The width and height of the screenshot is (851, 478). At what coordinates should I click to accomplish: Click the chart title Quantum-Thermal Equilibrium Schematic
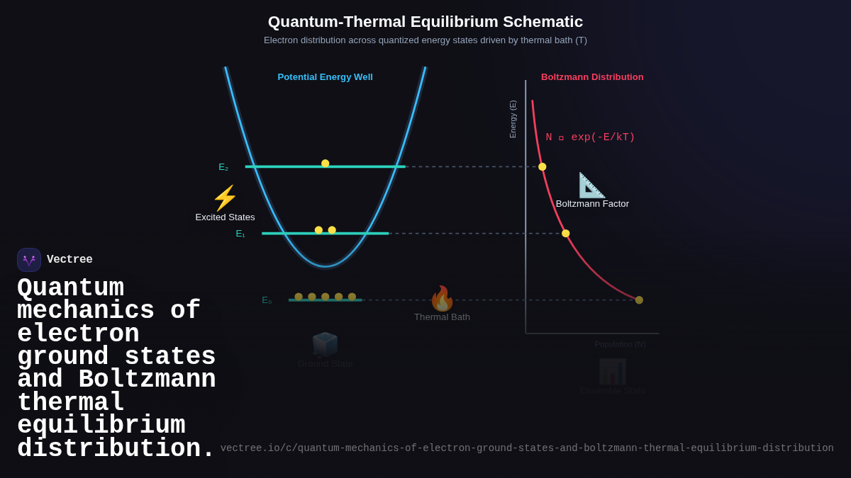click(x=425, y=22)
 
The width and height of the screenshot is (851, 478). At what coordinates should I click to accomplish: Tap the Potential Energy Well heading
click(x=325, y=76)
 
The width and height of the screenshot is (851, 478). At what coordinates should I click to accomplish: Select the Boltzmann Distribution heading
click(x=592, y=76)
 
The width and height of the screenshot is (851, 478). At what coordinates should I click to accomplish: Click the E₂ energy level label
click(x=223, y=167)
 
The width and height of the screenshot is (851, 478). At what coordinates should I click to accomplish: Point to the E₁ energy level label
click(x=240, y=234)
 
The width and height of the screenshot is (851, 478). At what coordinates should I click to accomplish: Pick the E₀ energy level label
click(x=267, y=300)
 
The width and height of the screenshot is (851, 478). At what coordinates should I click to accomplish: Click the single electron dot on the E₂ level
click(x=326, y=164)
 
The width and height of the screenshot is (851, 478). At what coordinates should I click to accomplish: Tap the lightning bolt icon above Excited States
click(x=225, y=198)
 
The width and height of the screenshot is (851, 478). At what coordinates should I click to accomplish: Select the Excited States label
click(x=225, y=217)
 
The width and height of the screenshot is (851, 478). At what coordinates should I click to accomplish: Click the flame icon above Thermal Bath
click(x=442, y=299)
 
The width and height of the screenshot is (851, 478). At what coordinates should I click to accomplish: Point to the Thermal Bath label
click(x=442, y=317)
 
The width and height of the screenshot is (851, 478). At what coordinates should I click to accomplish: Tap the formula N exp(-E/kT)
click(x=590, y=137)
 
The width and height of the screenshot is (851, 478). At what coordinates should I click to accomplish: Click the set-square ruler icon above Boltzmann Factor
click(x=591, y=186)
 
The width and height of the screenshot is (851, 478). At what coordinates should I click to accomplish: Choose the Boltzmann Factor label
click(x=592, y=204)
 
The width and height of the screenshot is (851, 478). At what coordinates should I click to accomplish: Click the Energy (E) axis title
click(x=513, y=119)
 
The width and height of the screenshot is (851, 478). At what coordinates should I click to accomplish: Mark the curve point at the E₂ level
click(x=543, y=167)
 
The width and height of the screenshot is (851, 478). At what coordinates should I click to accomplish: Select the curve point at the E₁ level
click(x=566, y=234)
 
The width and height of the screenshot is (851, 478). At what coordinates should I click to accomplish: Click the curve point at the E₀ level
click(x=639, y=300)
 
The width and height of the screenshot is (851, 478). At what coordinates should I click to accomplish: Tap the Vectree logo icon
click(x=29, y=260)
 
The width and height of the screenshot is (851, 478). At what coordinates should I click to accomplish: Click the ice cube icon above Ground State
click(x=325, y=344)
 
